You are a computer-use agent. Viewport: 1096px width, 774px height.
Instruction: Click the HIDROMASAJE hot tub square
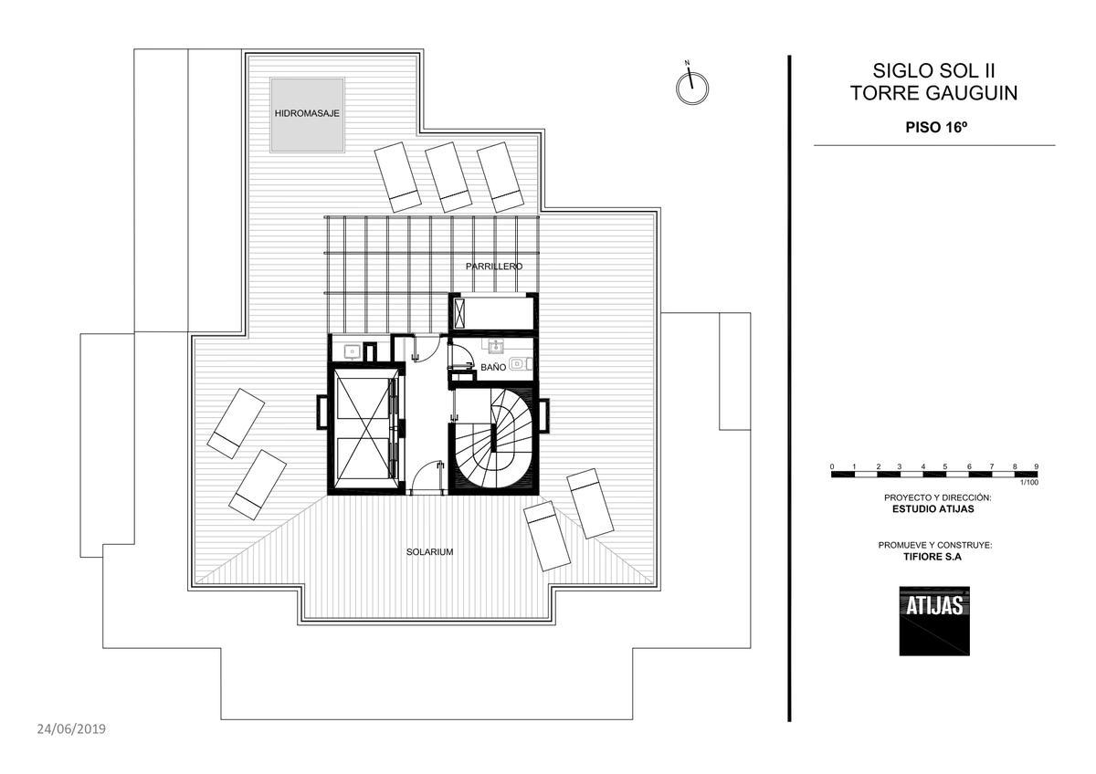coord(307,115)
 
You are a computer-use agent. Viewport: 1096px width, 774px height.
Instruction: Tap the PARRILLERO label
coord(494,267)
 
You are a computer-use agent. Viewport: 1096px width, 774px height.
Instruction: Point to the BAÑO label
coord(493,367)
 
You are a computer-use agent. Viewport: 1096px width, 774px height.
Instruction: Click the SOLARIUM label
coord(429,552)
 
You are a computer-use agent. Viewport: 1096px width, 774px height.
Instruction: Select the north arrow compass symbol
coord(692,85)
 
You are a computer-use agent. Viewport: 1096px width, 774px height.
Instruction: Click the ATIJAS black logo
coord(934,621)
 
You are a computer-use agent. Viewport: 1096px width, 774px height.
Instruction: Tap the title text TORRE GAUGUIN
coord(933,93)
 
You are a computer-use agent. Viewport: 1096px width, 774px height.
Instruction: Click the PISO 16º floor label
coord(936,127)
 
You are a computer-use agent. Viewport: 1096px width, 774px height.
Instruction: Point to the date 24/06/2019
coord(71,729)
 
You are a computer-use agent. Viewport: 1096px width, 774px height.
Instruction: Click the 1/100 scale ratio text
coord(1029,483)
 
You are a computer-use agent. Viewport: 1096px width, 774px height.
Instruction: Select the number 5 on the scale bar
coord(945,466)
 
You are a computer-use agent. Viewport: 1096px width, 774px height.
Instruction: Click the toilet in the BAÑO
coord(520,364)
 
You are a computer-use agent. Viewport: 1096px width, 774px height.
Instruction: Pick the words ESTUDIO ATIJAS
coord(933,509)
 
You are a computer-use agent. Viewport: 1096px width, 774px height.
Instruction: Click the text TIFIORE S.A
coord(933,557)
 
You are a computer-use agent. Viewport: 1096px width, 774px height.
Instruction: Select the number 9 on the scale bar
coord(1036,466)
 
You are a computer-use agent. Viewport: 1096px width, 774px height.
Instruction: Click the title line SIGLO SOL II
coord(933,71)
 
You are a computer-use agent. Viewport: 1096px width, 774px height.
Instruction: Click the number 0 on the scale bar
coord(832,466)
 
